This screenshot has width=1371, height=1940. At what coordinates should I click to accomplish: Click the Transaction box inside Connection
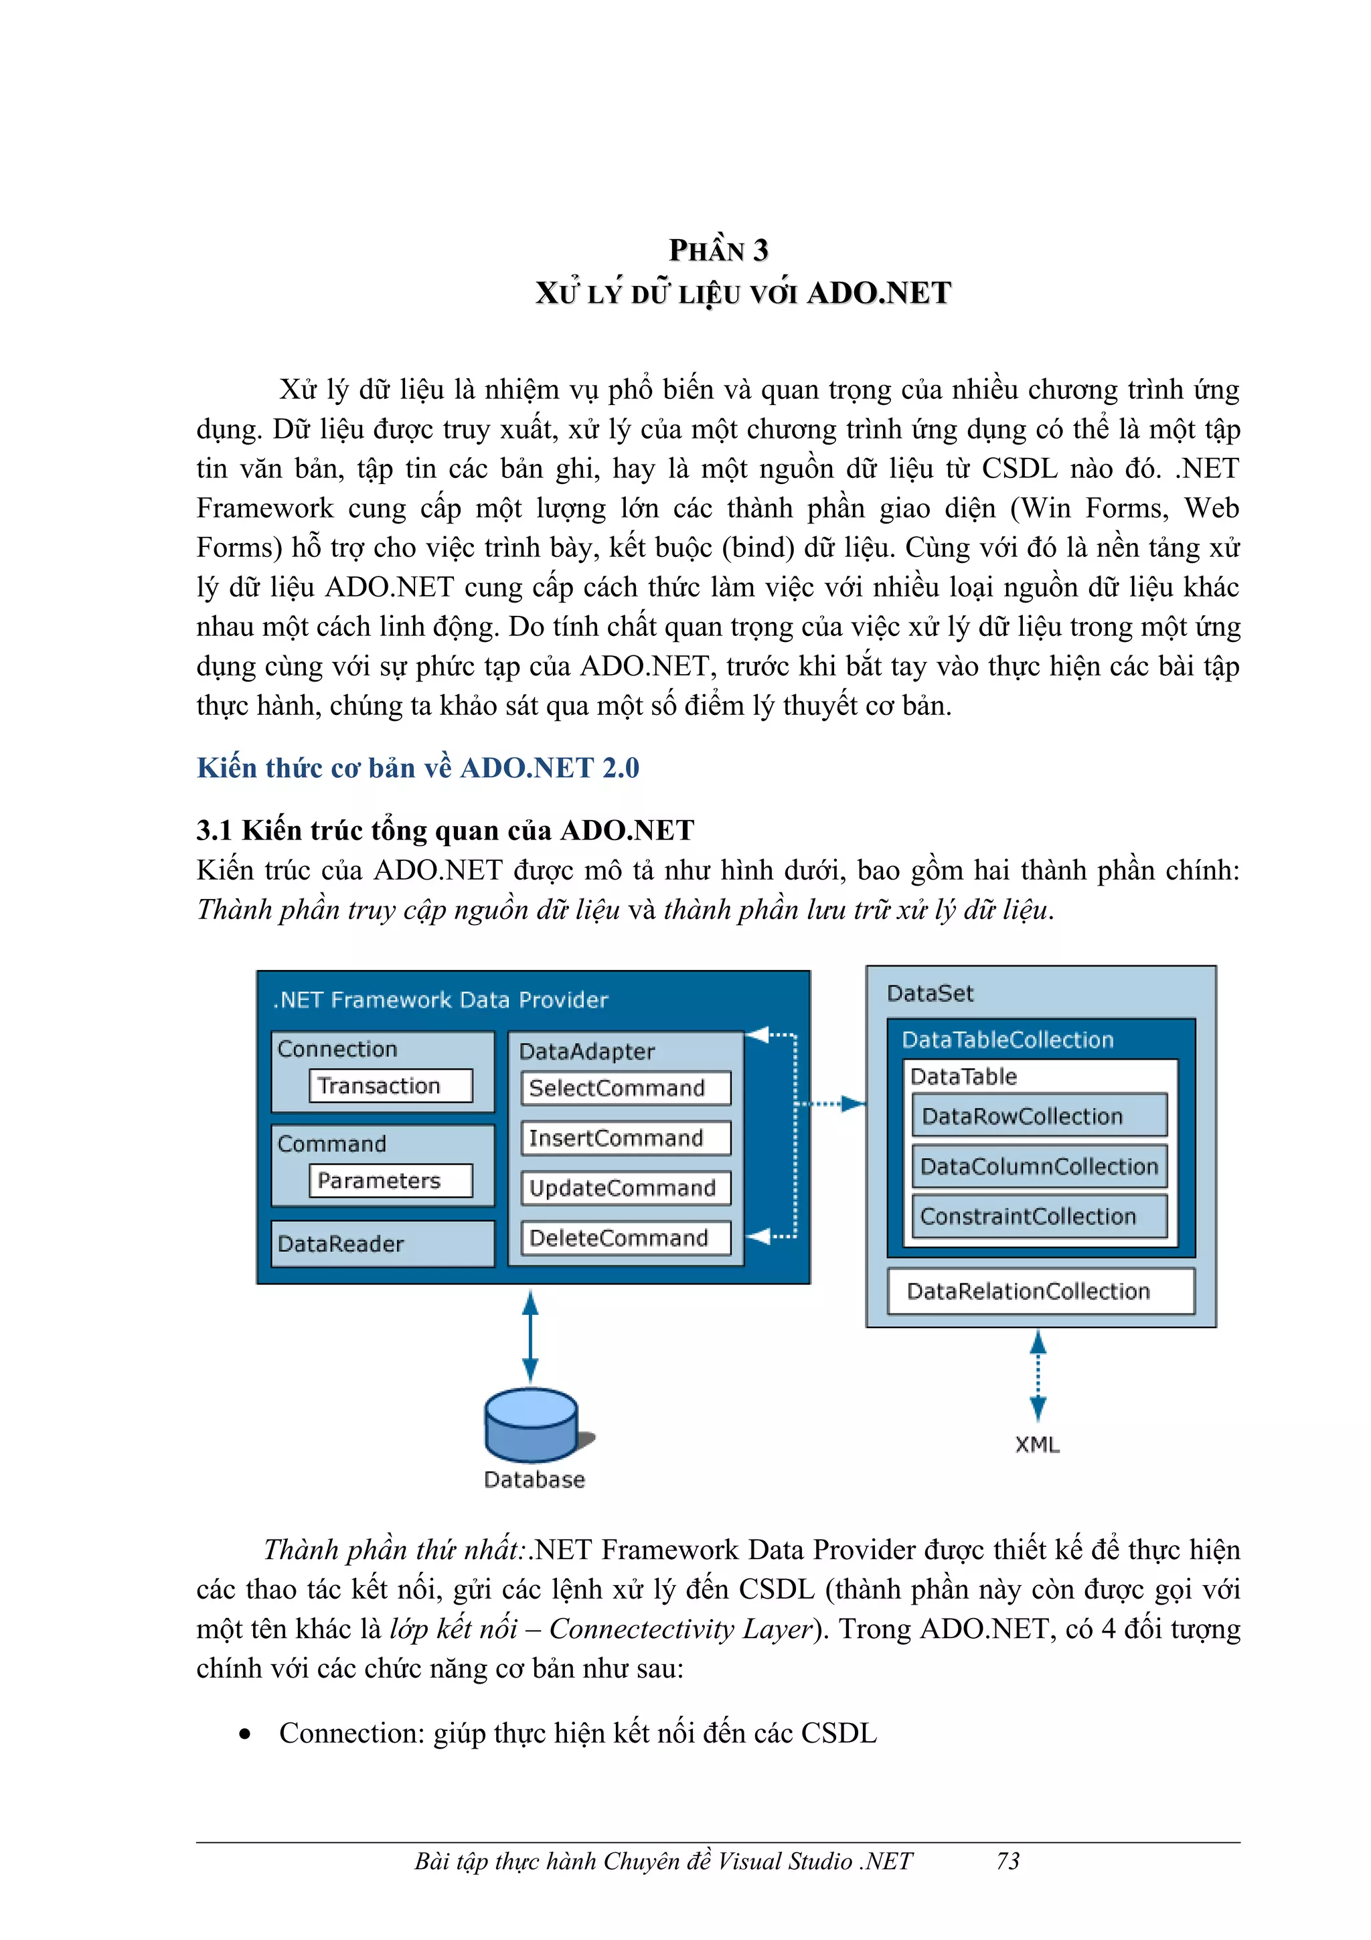[x=390, y=1086]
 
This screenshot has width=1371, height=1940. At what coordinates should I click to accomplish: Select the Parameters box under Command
[x=390, y=1180]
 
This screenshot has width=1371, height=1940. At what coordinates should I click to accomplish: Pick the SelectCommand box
[x=625, y=1088]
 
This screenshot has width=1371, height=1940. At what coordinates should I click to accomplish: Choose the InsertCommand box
[x=625, y=1138]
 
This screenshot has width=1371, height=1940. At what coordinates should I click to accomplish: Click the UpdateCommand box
[x=625, y=1188]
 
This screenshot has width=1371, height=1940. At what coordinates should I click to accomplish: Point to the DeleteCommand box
[x=625, y=1238]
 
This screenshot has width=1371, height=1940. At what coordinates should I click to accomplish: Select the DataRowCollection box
[x=1039, y=1116]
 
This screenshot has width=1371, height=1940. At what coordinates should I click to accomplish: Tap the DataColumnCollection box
[x=1039, y=1166]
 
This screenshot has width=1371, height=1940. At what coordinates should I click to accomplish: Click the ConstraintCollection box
[x=1039, y=1216]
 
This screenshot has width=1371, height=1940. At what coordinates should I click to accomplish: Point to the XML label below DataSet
[x=1038, y=1445]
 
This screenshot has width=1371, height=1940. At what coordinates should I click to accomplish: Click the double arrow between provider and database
[x=530, y=1337]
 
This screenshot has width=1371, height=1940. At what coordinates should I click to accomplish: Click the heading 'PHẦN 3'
[x=718, y=250]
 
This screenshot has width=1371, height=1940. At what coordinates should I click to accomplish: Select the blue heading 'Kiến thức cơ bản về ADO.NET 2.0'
[x=418, y=767]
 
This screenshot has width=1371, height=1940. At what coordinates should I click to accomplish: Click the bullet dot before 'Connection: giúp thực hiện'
[x=245, y=1734]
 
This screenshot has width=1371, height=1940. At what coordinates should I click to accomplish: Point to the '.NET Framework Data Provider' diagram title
[x=440, y=1000]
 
